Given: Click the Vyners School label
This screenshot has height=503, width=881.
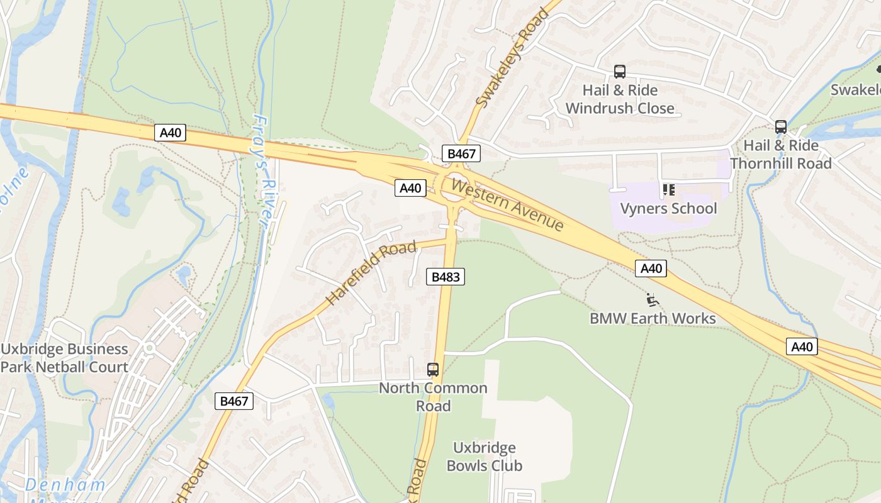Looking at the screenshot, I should point(668,208).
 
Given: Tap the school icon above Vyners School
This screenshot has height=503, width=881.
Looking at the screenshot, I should point(668,189).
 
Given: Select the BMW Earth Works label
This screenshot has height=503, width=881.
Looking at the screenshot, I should point(653,318).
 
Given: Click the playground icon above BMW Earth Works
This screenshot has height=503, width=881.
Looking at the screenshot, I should point(653,300).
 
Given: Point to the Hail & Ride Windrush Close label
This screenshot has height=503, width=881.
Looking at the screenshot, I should point(620,99).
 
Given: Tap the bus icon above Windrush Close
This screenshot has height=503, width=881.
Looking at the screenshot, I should point(620,72).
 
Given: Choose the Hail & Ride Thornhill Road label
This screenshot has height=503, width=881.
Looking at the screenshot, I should point(781,154).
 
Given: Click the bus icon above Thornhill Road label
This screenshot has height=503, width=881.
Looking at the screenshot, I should point(781,127).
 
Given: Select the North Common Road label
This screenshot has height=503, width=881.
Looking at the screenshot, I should point(433,397).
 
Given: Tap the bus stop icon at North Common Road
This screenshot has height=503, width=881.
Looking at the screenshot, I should point(433,370).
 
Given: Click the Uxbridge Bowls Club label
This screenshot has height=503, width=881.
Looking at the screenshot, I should point(485,456).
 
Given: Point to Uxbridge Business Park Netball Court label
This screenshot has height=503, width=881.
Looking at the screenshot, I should point(64,358).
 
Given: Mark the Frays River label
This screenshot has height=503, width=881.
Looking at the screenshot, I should point(264,170).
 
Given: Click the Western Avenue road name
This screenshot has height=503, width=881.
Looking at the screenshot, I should point(507,205).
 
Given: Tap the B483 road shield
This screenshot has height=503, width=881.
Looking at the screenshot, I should point(446,277).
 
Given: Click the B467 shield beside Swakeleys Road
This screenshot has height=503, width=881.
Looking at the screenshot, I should point(461,153).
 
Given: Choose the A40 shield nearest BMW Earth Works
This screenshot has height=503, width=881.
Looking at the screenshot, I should point(651,268).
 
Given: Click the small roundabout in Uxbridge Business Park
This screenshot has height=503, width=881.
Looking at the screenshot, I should point(150,348).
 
